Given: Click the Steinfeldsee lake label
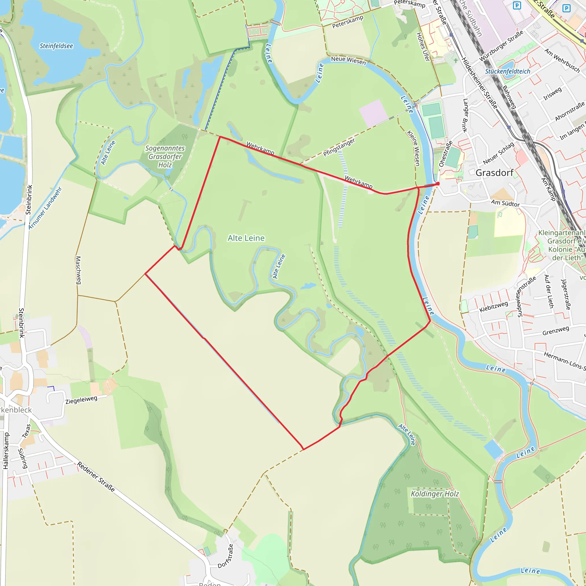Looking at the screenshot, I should pyautogui.click(x=56, y=46).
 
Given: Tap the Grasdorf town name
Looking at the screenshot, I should pyautogui.click(x=494, y=173).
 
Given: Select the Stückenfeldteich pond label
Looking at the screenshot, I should pyautogui.click(x=507, y=72).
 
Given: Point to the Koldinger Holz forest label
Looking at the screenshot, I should pyautogui.click(x=435, y=494).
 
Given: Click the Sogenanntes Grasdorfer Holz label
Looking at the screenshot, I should pyautogui.click(x=165, y=157).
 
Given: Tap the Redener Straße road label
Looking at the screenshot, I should pyautogui.click(x=96, y=477).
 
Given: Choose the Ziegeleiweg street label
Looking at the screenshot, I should pyautogui.click(x=81, y=400).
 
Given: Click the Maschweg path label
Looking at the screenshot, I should pyautogui.click(x=78, y=270).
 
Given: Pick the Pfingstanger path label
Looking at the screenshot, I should pyautogui.click(x=339, y=147).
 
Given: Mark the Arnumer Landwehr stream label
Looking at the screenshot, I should pyautogui.click(x=45, y=208).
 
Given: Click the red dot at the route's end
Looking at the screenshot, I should pyautogui.click(x=438, y=184).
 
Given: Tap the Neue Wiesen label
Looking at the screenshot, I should pyautogui.click(x=348, y=60).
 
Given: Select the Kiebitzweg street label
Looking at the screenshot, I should pyautogui.click(x=494, y=307).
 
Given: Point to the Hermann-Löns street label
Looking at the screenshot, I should pyautogui.click(x=564, y=361).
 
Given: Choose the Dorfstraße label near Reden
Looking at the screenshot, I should pyautogui.click(x=226, y=556).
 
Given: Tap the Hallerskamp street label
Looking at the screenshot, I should pyautogui.click(x=6, y=451).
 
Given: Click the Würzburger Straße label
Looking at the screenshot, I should pyautogui.click(x=501, y=45).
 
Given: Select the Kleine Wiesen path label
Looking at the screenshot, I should pyautogui.click(x=413, y=148).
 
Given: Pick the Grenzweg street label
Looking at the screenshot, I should pyautogui.click(x=556, y=331).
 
